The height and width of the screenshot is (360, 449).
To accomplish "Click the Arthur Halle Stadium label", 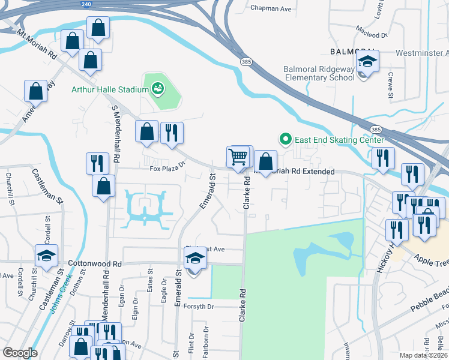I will (x=109, y=90).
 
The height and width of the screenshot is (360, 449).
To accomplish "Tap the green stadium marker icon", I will (x=158, y=89).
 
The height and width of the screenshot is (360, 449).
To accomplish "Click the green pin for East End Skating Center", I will (x=285, y=140).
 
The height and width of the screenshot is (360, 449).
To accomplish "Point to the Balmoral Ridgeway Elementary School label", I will (x=319, y=73).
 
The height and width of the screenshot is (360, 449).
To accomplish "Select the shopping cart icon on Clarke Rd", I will (x=238, y=157).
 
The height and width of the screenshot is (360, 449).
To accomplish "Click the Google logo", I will (x=20, y=353).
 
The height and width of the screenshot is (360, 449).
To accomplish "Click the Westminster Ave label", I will (x=422, y=53).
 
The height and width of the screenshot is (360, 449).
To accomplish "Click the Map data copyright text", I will (x=423, y=355).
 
